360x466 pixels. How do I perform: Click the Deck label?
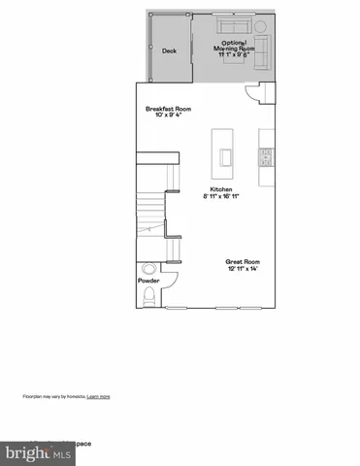pyautogui.click(x=170, y=50)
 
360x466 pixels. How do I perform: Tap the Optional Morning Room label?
pyautogui.click(x=238, y=44)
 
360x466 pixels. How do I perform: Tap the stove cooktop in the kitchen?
pyautogui.click(x=265, y=154)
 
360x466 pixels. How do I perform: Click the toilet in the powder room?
pyautogui.click(x=149, y=270)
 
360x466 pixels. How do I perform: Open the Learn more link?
pyautogui.click(x=98, y=397)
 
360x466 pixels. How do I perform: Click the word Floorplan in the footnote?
pyautogui.click(x=33, y=397)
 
